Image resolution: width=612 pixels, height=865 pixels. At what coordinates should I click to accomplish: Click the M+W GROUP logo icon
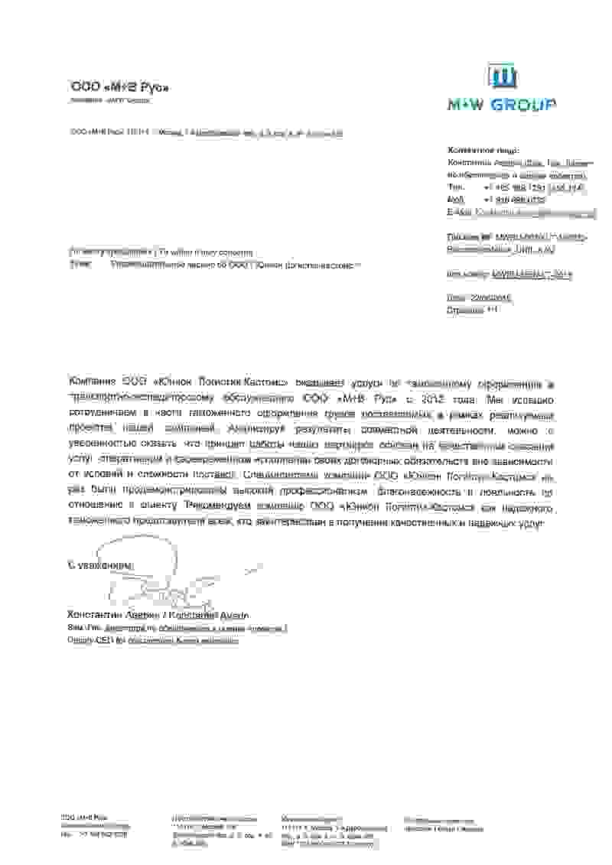[503, 77]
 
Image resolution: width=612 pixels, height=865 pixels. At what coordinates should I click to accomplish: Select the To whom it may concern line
[161, 252]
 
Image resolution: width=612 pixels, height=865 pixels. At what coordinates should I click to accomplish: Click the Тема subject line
[214, 265]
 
